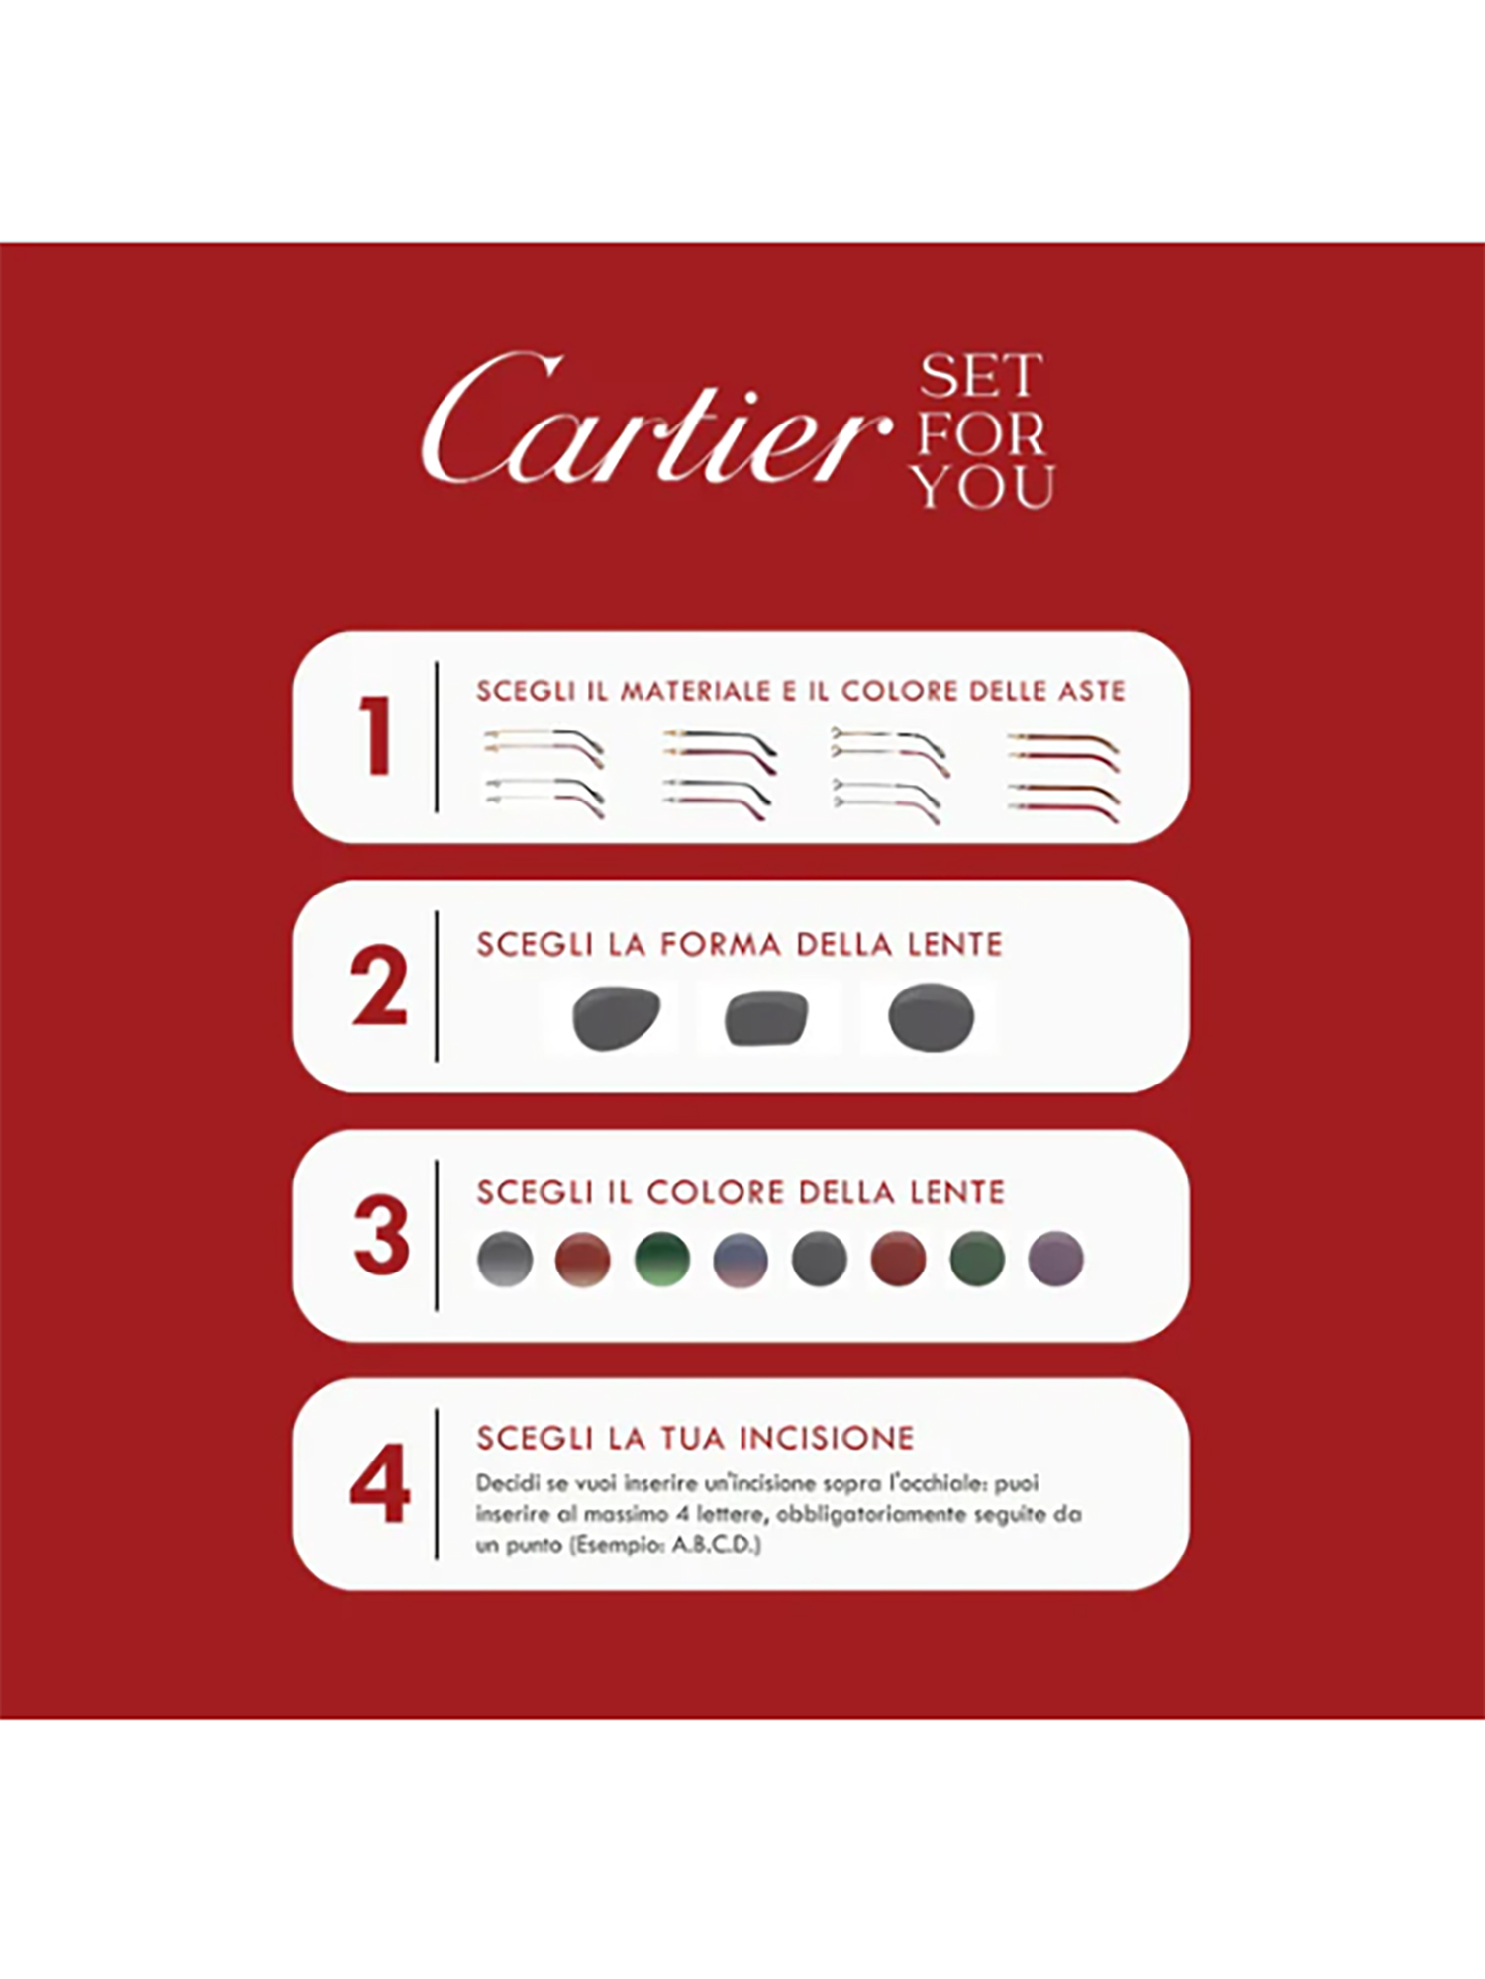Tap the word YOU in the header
(x=983, y=487)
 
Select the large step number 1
(x=376, y=735)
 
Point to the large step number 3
(x=381, y=1234)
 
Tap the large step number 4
(x=380, y=1482)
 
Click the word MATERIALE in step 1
(x=695, y=691)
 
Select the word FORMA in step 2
(x=720, y=944)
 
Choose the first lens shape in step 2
(x=616, y=1017)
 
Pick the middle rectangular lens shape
(x=766, y=1018)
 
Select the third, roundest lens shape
(x=932, y=1017)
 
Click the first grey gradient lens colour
(x=505, y=1259)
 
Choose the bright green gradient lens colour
(x=662, y=1259)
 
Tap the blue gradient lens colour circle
(x=741, y=1259)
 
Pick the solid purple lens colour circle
(x=1056, y=1259)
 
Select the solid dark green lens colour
(x=977, y=1259)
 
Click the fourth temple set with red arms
(x=1064, y=777)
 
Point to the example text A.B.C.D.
(x=716, y=1545)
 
